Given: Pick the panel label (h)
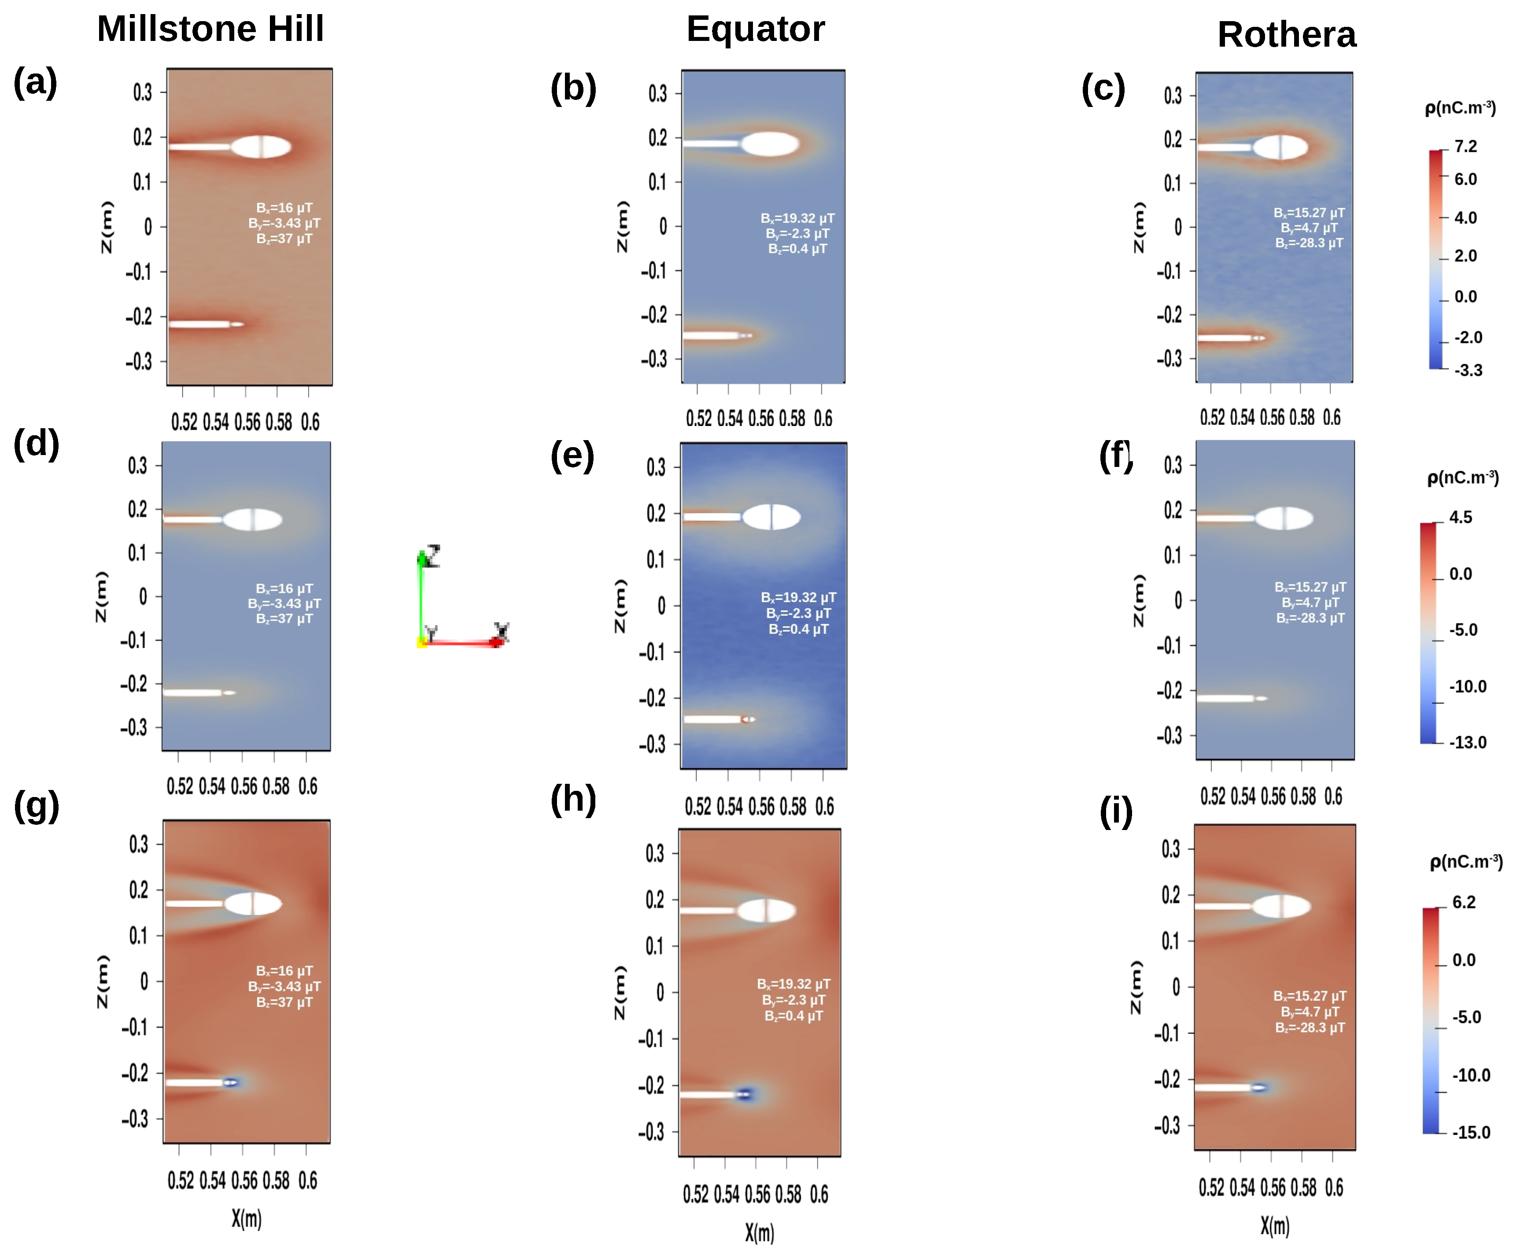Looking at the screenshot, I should [573, 799].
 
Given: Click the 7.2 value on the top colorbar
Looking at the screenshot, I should [1465, 147].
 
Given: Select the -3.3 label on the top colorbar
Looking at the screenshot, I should [1468, 371].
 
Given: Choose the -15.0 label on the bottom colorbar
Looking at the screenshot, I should [1470, 1132].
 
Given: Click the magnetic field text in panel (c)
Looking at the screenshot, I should [1308, 228].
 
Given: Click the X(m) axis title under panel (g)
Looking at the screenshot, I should [246, 1218].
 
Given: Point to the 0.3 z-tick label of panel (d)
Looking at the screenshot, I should [137, 466].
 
